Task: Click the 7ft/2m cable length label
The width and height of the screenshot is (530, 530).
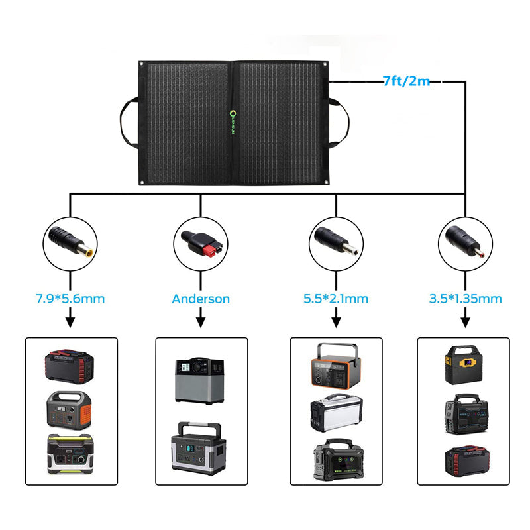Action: [406, 81]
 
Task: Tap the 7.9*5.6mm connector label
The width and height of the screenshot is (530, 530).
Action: [70, 299]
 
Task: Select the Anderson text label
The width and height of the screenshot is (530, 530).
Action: [201, 299]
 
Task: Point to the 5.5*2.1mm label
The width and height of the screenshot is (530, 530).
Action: [336, 299]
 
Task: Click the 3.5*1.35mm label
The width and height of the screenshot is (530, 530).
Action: [465, 299]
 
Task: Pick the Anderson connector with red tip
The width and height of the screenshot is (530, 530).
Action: [201, 240]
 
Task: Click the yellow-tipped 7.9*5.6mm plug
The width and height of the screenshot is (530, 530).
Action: [70, 240]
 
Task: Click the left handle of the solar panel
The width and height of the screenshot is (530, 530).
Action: [127, 123]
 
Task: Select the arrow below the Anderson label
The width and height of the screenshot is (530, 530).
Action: [201, 321]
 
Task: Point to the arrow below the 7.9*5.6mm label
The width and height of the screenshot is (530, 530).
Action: [70, 321]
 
